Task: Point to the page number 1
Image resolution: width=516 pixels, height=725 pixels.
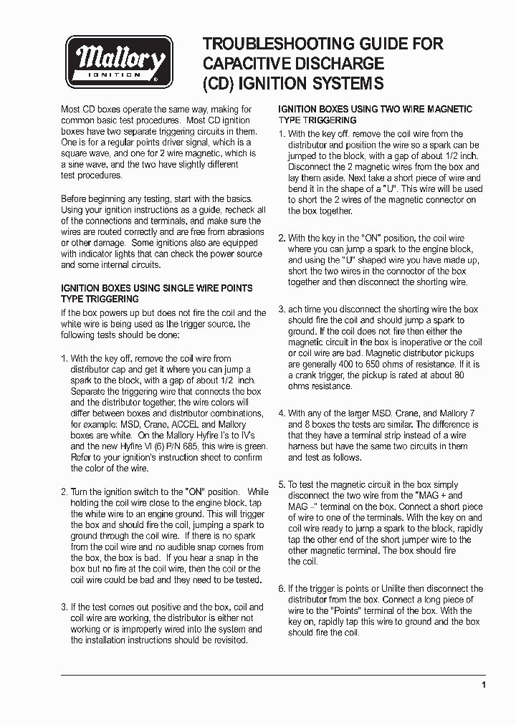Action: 484,685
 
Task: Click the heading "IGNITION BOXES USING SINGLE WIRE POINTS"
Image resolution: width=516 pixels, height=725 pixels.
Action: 156,288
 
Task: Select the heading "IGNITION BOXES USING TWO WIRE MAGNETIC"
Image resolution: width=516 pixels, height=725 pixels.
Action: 375,110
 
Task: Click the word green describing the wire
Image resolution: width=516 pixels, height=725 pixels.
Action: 254,446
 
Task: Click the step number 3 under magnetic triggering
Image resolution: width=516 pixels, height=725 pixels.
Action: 282,309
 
